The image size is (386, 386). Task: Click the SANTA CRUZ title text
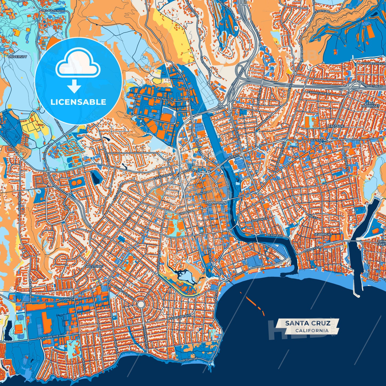pos(308,323)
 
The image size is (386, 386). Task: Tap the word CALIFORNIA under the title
pos(312,330)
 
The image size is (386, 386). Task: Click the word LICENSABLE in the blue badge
pos(78,102)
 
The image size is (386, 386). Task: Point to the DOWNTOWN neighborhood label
pos(215,203)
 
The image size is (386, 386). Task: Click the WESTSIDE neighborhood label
pos(94,267)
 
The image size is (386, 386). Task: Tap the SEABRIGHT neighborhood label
pos(323,234)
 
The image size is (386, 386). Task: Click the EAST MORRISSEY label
pos(370,104)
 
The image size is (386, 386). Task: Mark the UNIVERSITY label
pos(17,57)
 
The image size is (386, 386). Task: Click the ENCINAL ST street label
pos(164,99)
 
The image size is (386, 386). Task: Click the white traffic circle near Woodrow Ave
pos(141,304)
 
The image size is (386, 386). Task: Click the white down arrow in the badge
pos(74,86)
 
